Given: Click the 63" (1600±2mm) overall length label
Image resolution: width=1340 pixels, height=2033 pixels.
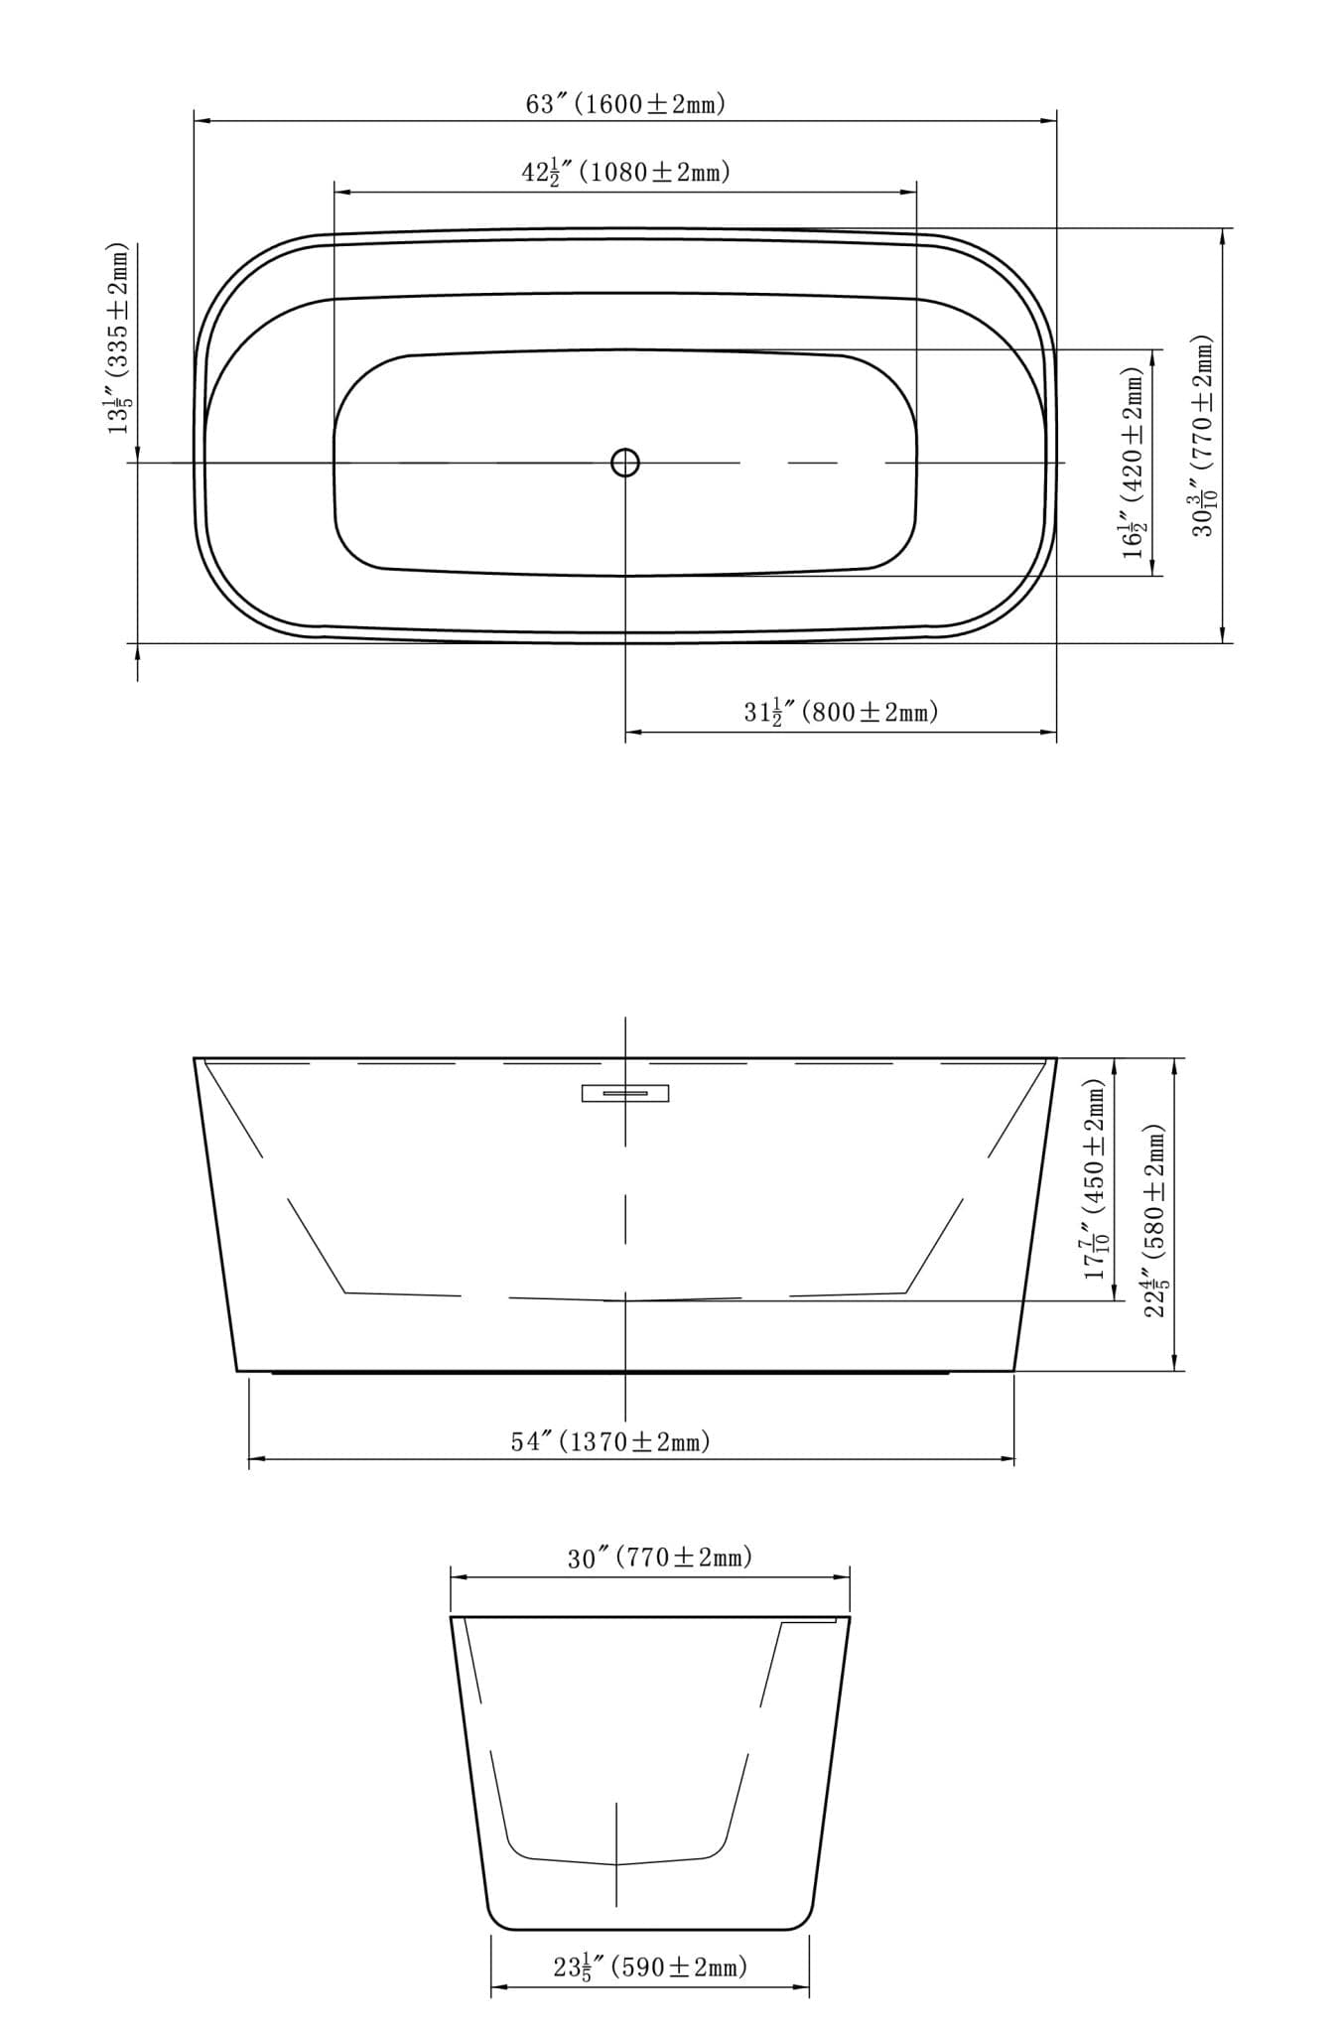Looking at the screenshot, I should coord(625,103).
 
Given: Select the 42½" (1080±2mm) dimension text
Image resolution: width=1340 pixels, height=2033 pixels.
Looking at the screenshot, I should coord(625,172).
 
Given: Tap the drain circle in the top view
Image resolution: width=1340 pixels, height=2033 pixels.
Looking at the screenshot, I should coord(624,462).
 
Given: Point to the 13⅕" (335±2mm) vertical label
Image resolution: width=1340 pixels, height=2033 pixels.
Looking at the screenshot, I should coord(118,338).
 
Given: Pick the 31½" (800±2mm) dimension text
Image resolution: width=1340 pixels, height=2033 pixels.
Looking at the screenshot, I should coord(840,711).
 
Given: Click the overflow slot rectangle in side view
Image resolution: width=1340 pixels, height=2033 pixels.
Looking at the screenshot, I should coord(624,1093).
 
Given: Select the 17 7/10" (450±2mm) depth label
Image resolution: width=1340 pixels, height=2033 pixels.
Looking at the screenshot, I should coord(1095,1179).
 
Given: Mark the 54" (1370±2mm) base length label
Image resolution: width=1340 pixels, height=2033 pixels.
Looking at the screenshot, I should coord(610,1440).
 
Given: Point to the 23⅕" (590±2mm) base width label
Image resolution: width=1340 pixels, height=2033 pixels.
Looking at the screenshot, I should coord(650,1965).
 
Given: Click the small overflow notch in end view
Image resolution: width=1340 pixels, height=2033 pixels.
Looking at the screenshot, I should coord(811,1623).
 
